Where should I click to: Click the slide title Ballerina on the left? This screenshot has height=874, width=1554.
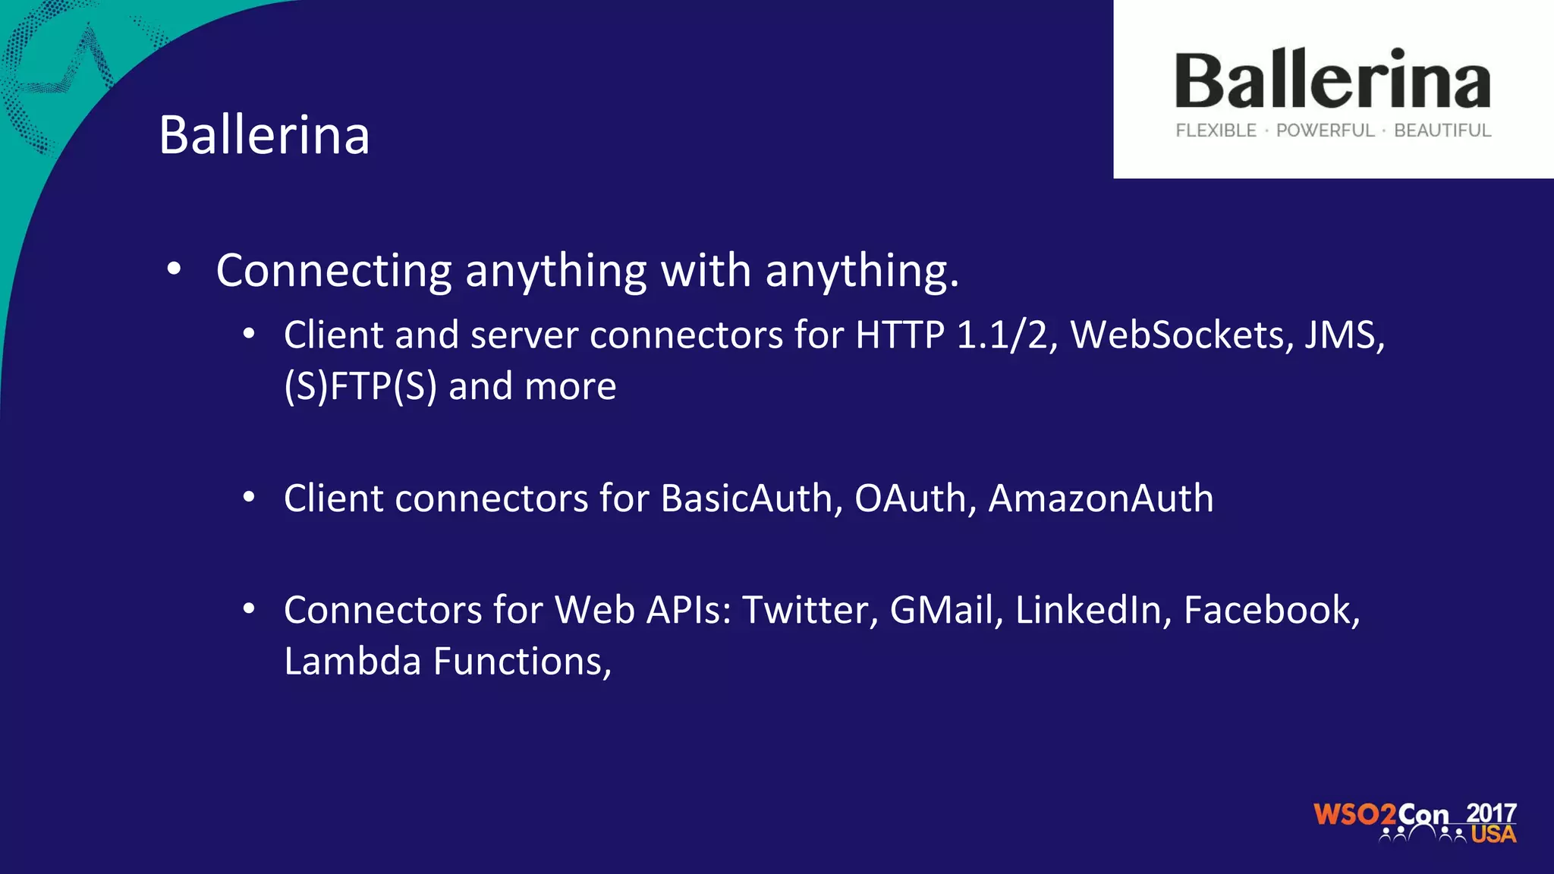264,135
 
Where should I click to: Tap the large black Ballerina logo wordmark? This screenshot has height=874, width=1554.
1332,80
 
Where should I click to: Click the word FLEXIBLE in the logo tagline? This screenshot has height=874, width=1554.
1216,130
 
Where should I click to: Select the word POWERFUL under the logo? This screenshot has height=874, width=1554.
1325,130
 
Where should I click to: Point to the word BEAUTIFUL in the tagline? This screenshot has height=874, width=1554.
1442,130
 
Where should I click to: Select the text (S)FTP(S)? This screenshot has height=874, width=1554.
360,386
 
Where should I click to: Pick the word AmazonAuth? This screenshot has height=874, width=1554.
1100,498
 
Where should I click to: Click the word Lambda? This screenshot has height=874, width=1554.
352,662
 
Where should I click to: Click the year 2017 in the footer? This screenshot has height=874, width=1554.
1491,813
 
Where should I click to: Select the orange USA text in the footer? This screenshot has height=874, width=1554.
1493,835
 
